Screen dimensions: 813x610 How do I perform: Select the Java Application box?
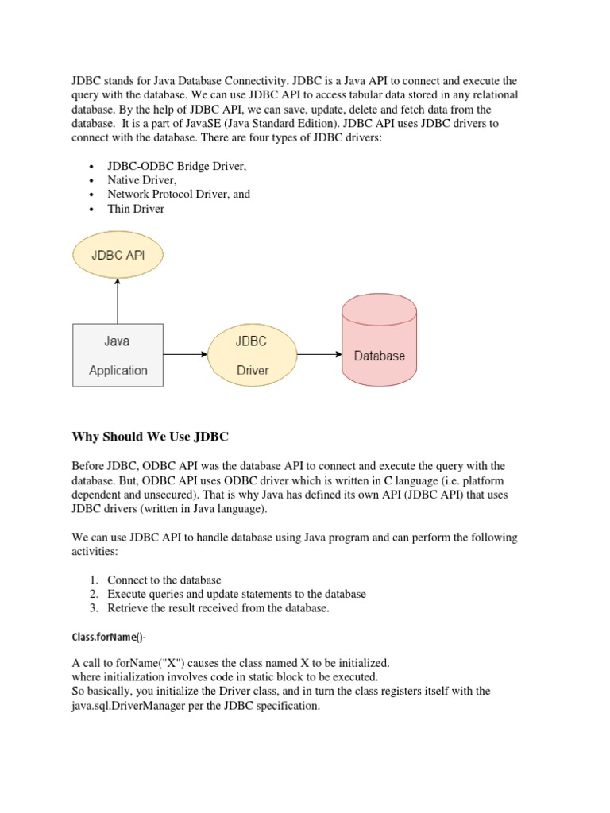[x=118, y=355]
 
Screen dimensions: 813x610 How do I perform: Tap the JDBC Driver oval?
[x=252, y=355]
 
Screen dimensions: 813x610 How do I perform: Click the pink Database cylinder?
[x=379, y=342]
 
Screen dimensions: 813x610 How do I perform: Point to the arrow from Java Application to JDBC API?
[x=118, y=302]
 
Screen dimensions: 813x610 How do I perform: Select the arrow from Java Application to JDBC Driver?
[x=185, y=355]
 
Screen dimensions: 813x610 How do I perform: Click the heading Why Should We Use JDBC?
[x=150, y=437]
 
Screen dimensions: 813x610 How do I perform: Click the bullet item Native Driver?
[x=142, y=180]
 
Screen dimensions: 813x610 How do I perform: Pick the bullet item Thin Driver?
[x=136, y=209]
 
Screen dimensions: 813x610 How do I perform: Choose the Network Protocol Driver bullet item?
[x=179, y=195]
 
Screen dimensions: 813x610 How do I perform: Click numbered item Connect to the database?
[x=164, y=580]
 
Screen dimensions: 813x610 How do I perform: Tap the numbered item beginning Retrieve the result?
[x=218, y=608]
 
